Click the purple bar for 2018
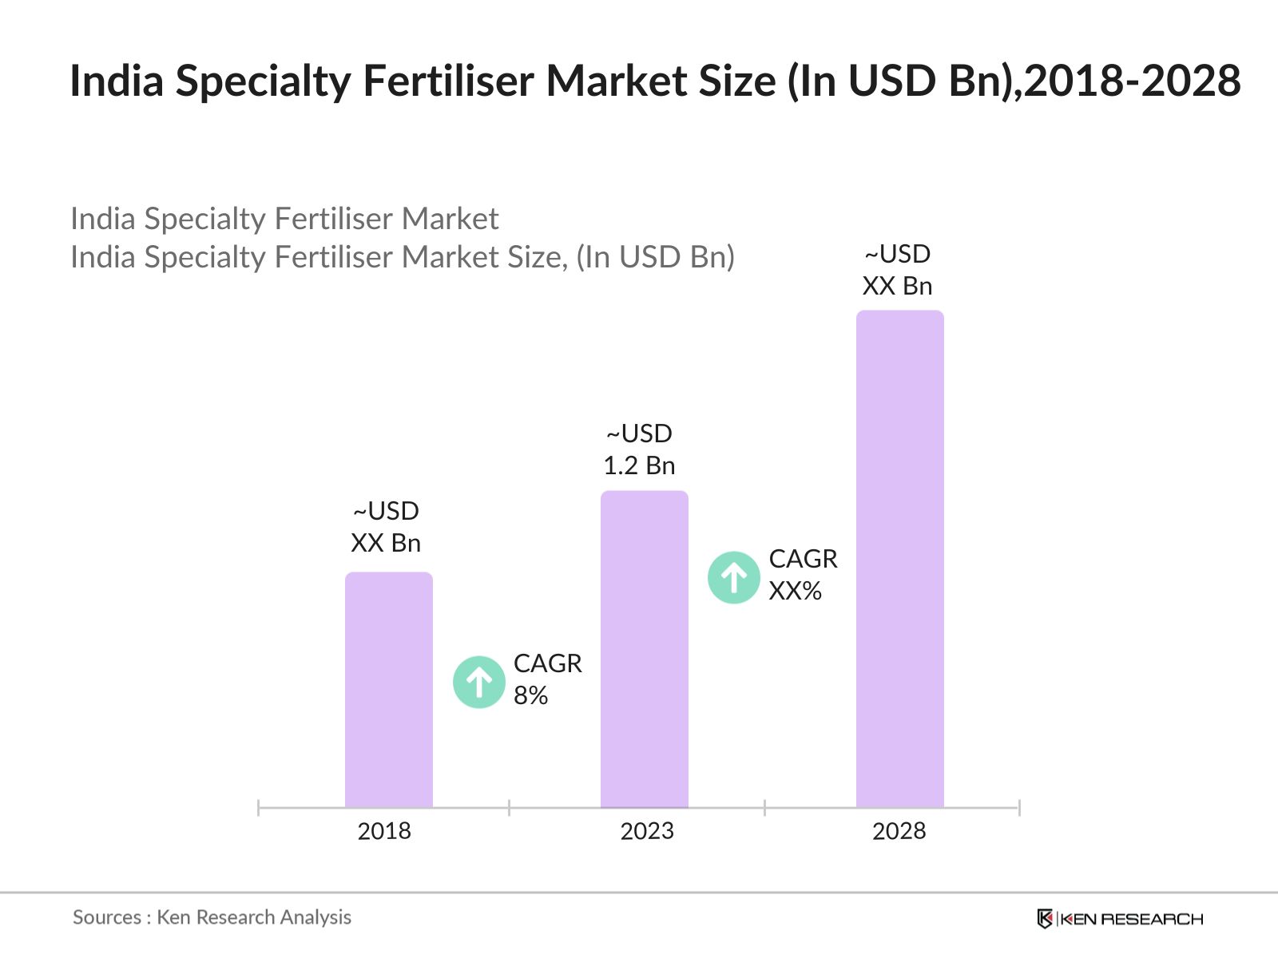click(x=388, y=691)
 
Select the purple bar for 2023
click(x=644, y=650)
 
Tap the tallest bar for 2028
click(x=899, y=559)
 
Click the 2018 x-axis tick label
click(x=384, y=831)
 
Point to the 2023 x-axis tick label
click(x=647, y=831)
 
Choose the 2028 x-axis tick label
click(x=899, y=831)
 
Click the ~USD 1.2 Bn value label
click(x=639, y=449)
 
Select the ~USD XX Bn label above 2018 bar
click(x=386, y=527)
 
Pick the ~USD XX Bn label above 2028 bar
click(x=897, y=270)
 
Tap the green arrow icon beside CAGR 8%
click(x=478, y=683)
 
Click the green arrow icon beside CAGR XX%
click(x=733, y=577)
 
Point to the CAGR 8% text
click(x=547, y=679)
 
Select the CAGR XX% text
click(x=803, y=575)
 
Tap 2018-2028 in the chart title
click(x=1132, y=81)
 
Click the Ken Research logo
click(x=1120, y=919)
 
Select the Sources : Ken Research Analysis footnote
click(x=212, y=917)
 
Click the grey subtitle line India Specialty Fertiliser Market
click(x=284, y=219)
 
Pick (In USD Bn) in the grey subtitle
click(x=655, y=257)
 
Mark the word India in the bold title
click(x=117, y=81)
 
